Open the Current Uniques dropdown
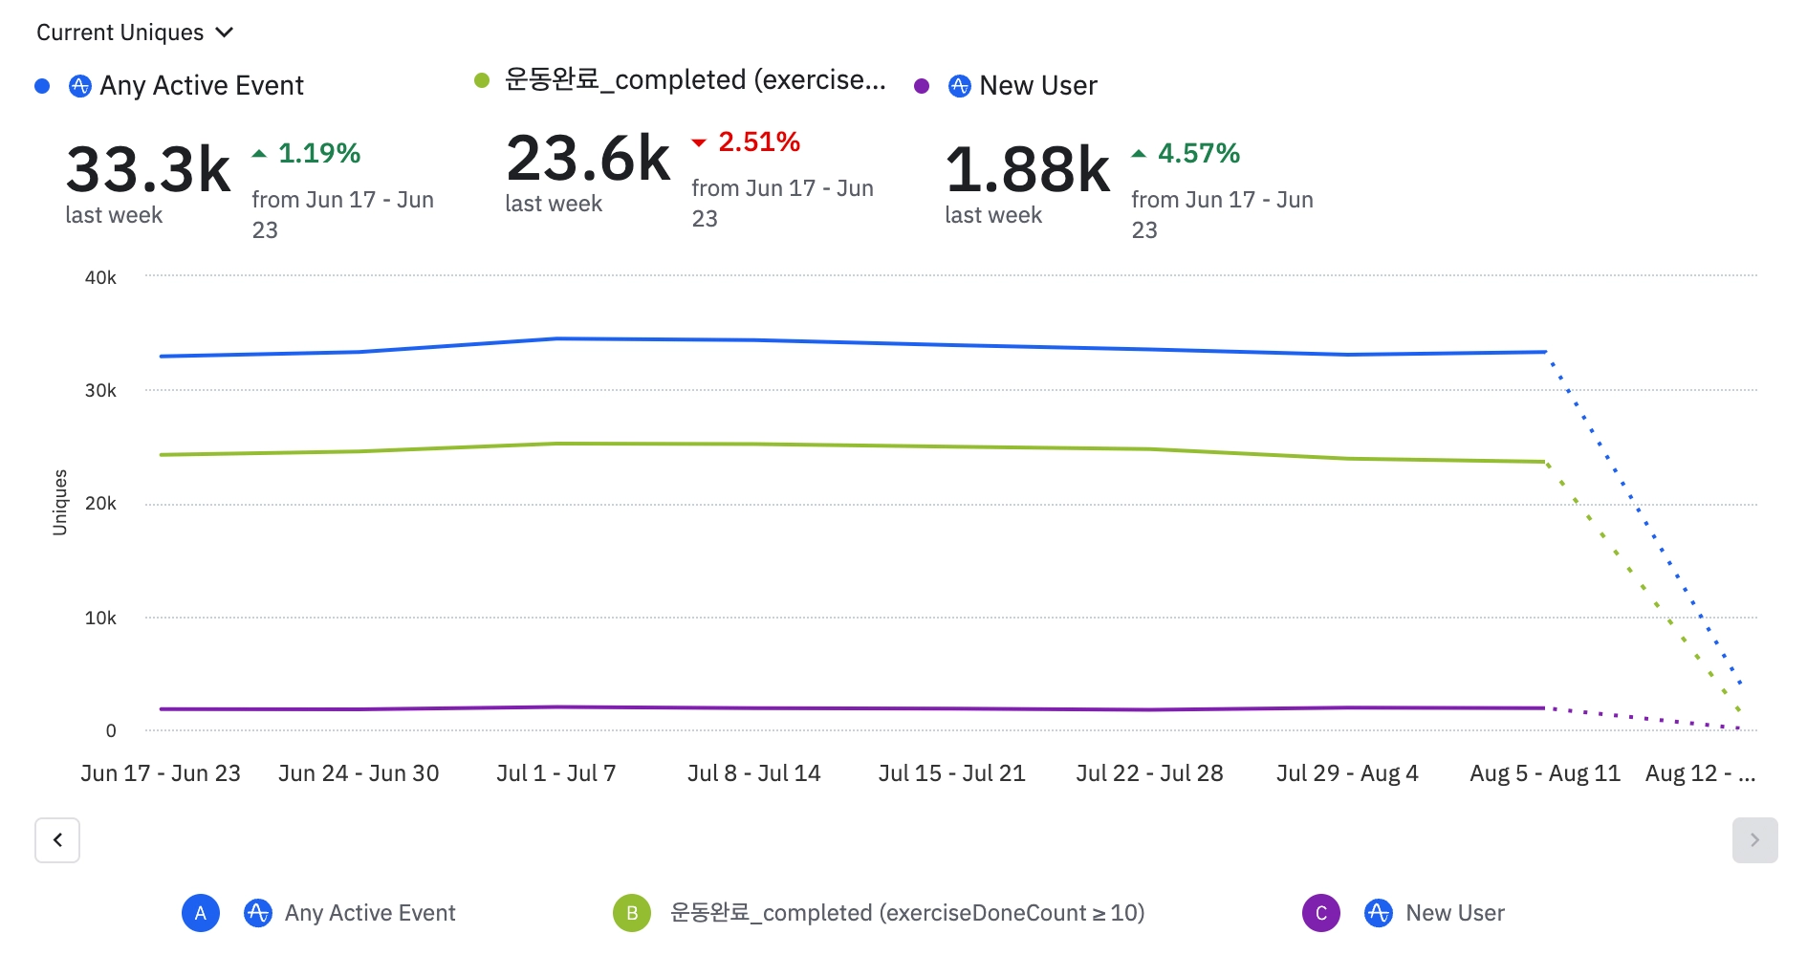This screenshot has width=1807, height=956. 135,33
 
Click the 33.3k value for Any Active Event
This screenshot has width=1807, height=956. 148,169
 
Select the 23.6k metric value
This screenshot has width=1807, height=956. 588,158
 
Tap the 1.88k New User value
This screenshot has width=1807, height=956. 1028,169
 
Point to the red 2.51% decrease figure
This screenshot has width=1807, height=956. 758,142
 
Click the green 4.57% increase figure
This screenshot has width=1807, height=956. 1198,153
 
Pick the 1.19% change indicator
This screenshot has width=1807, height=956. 318,153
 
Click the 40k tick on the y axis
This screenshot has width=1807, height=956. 100,277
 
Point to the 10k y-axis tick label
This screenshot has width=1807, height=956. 100,618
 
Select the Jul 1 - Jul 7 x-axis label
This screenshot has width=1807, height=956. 556,773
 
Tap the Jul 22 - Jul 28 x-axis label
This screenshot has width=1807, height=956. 1149,773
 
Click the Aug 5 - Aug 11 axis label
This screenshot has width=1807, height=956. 1545,773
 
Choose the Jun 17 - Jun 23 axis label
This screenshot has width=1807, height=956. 161,773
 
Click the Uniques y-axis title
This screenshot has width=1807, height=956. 60,502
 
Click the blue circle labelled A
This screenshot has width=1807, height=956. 201,913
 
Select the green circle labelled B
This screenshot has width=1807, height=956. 632,913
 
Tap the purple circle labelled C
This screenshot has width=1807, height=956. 1321,913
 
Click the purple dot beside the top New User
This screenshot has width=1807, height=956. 922,86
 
